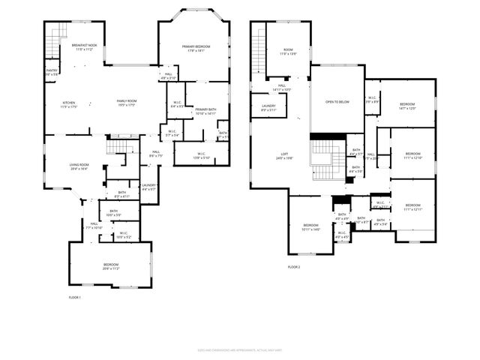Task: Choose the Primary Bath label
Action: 205,110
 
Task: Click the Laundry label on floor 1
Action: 148,185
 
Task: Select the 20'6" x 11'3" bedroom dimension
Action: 110,268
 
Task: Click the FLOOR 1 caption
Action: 74,298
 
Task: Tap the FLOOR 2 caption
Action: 293,267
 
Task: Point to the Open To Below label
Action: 337,101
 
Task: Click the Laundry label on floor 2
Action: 268,106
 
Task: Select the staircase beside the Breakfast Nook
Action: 52,47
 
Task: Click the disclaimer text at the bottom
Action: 239,349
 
